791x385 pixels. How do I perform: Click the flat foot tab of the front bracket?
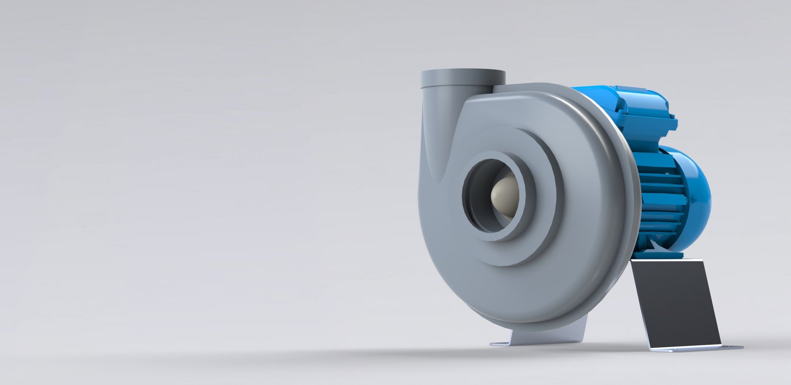click(501, 343)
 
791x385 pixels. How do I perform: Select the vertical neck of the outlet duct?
click(437, 124)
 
